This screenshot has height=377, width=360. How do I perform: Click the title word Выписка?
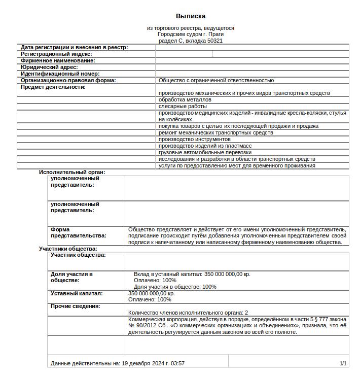coord(191,16)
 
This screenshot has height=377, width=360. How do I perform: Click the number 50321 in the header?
coord(214,41)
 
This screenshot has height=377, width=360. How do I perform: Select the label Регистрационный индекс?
coord(56,54)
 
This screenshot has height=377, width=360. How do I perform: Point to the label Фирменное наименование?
coord(58,60)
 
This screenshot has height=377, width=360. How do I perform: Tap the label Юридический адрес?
coord(49,67)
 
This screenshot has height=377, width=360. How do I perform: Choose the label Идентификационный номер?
coord(60,74)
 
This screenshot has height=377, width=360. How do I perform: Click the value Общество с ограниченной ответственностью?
coord(216,80)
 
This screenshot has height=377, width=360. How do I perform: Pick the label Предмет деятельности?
coord(53,87)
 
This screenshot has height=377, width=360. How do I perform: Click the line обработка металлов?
coord(185,100)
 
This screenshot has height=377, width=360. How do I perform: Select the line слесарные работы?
coord(183,107)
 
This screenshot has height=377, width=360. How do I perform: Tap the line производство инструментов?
coord(194,139)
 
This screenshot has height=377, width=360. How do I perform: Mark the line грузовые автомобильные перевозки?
coord(205,152)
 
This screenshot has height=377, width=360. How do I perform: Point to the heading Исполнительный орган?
coord(72,172)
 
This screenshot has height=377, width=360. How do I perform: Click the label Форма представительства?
coord(78,232)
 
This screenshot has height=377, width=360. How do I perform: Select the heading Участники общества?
coord(68,249)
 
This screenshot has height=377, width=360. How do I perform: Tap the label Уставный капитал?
coord(77,293)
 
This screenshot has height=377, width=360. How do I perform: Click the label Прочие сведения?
coord(75,306)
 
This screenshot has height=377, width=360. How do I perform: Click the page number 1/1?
coord(343,363)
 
